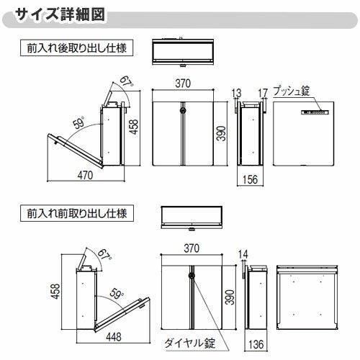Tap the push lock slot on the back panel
point(315,112)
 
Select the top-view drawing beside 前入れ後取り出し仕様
point(186,53)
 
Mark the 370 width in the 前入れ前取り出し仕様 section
point(192,247)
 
